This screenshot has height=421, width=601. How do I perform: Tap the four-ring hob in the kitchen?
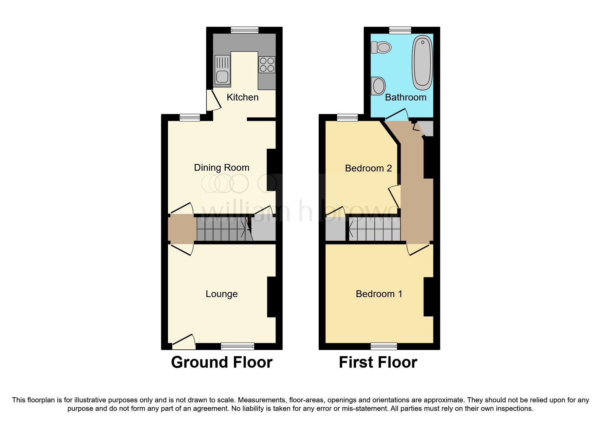click(267, 65)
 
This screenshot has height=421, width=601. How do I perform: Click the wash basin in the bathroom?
click(378, 86)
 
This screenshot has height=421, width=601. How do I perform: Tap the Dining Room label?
click(222, 167)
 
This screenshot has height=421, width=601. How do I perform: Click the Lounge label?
click(222, 294)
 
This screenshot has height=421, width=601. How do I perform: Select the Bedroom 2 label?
click(368, 168)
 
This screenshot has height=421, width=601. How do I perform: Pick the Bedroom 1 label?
click(379, 294)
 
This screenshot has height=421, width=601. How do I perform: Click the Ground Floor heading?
click(222, 362)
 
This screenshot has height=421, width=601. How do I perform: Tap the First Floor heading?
click(378, 362)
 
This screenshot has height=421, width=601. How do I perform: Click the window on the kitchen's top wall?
click(244, 30)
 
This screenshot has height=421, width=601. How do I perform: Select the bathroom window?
click(400, 30)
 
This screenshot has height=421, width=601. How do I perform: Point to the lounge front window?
click(238, 346)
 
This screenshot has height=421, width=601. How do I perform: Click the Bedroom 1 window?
click(384, 346)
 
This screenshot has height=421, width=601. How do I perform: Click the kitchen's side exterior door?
click(213, 100)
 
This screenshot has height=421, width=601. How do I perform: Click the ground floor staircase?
click(224, 230)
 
